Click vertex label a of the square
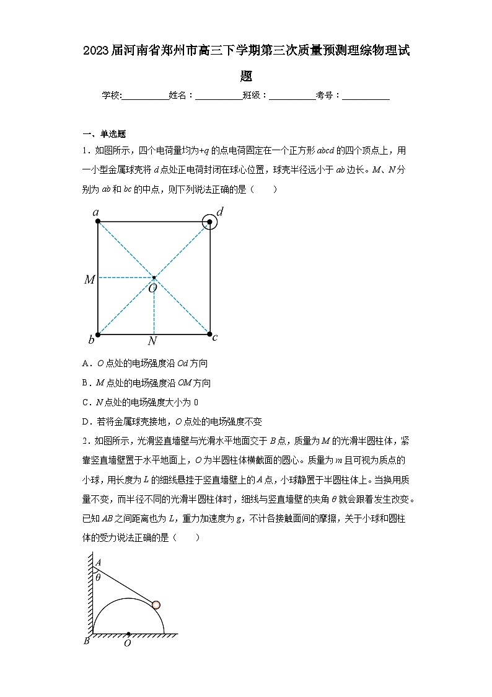[x=96, y=213]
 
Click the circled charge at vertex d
[x=210, y=222]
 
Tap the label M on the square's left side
[x=90, y=280]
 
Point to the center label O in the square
[x=152, y=287]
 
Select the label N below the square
[x=152, y=341]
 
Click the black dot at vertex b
[x=99, y=334]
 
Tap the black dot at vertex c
[x=210, y=334]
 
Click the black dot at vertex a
[x=99, y=222]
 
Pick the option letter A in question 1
[x=85, y=364]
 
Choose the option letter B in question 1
[x=85, y=383]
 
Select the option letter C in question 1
[x=85, y=402]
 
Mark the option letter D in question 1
[x=85, y=421]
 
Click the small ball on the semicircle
[x=156, y=605]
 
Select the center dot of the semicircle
[x=128, y=634]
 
